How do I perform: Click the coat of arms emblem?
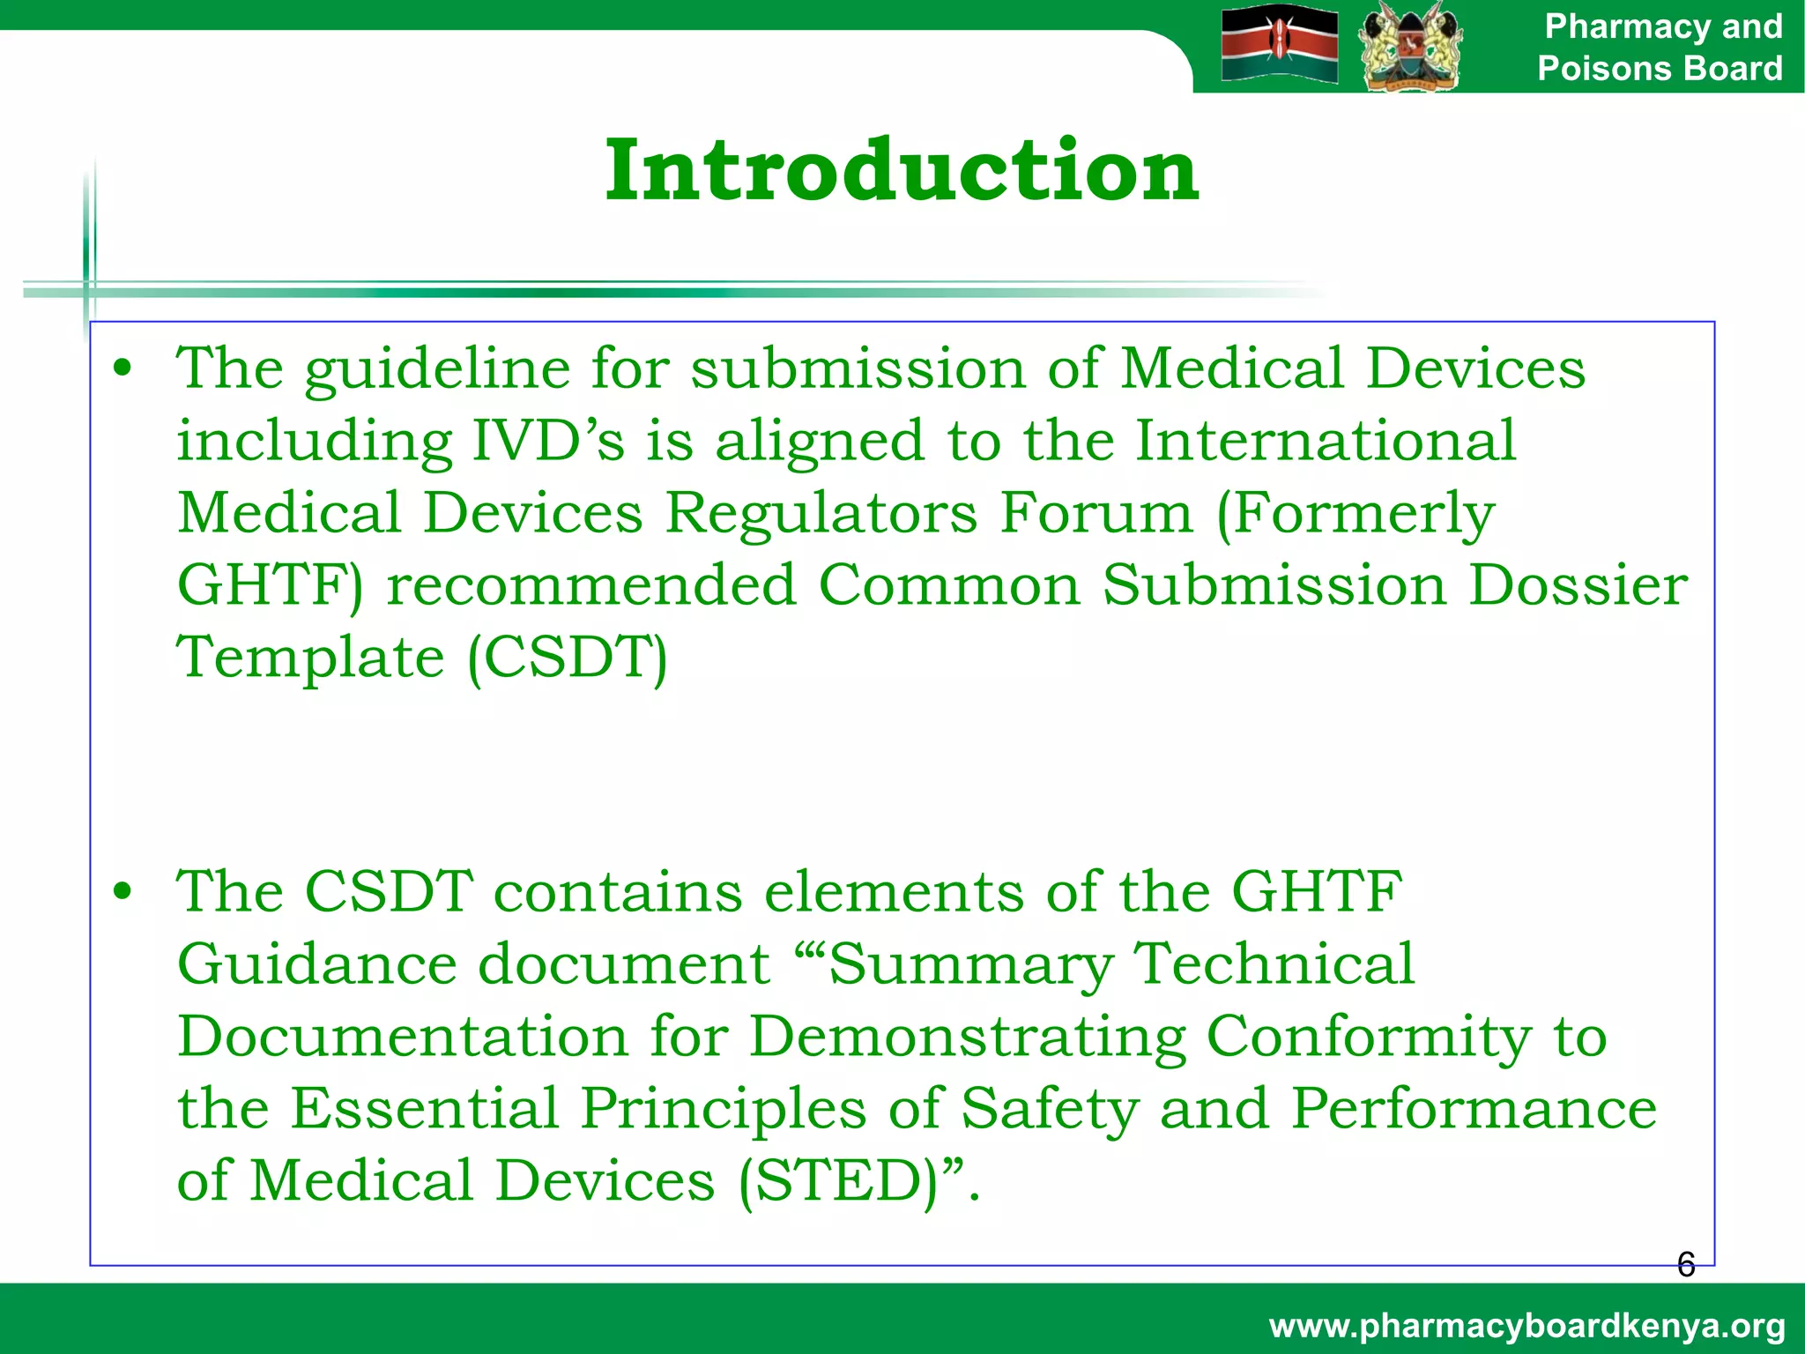coord(1410,46)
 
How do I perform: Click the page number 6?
coord(1685,1265)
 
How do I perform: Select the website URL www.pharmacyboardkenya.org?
coord(1526,1325)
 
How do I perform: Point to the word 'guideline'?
coord(437,369)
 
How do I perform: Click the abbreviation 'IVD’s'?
coord(548,440)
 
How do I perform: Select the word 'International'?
coord(1325,440)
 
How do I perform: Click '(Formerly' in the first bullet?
coord(1355,514)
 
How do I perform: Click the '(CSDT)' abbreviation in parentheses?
coord(567,658)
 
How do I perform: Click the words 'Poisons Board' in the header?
coord(1660,68)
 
